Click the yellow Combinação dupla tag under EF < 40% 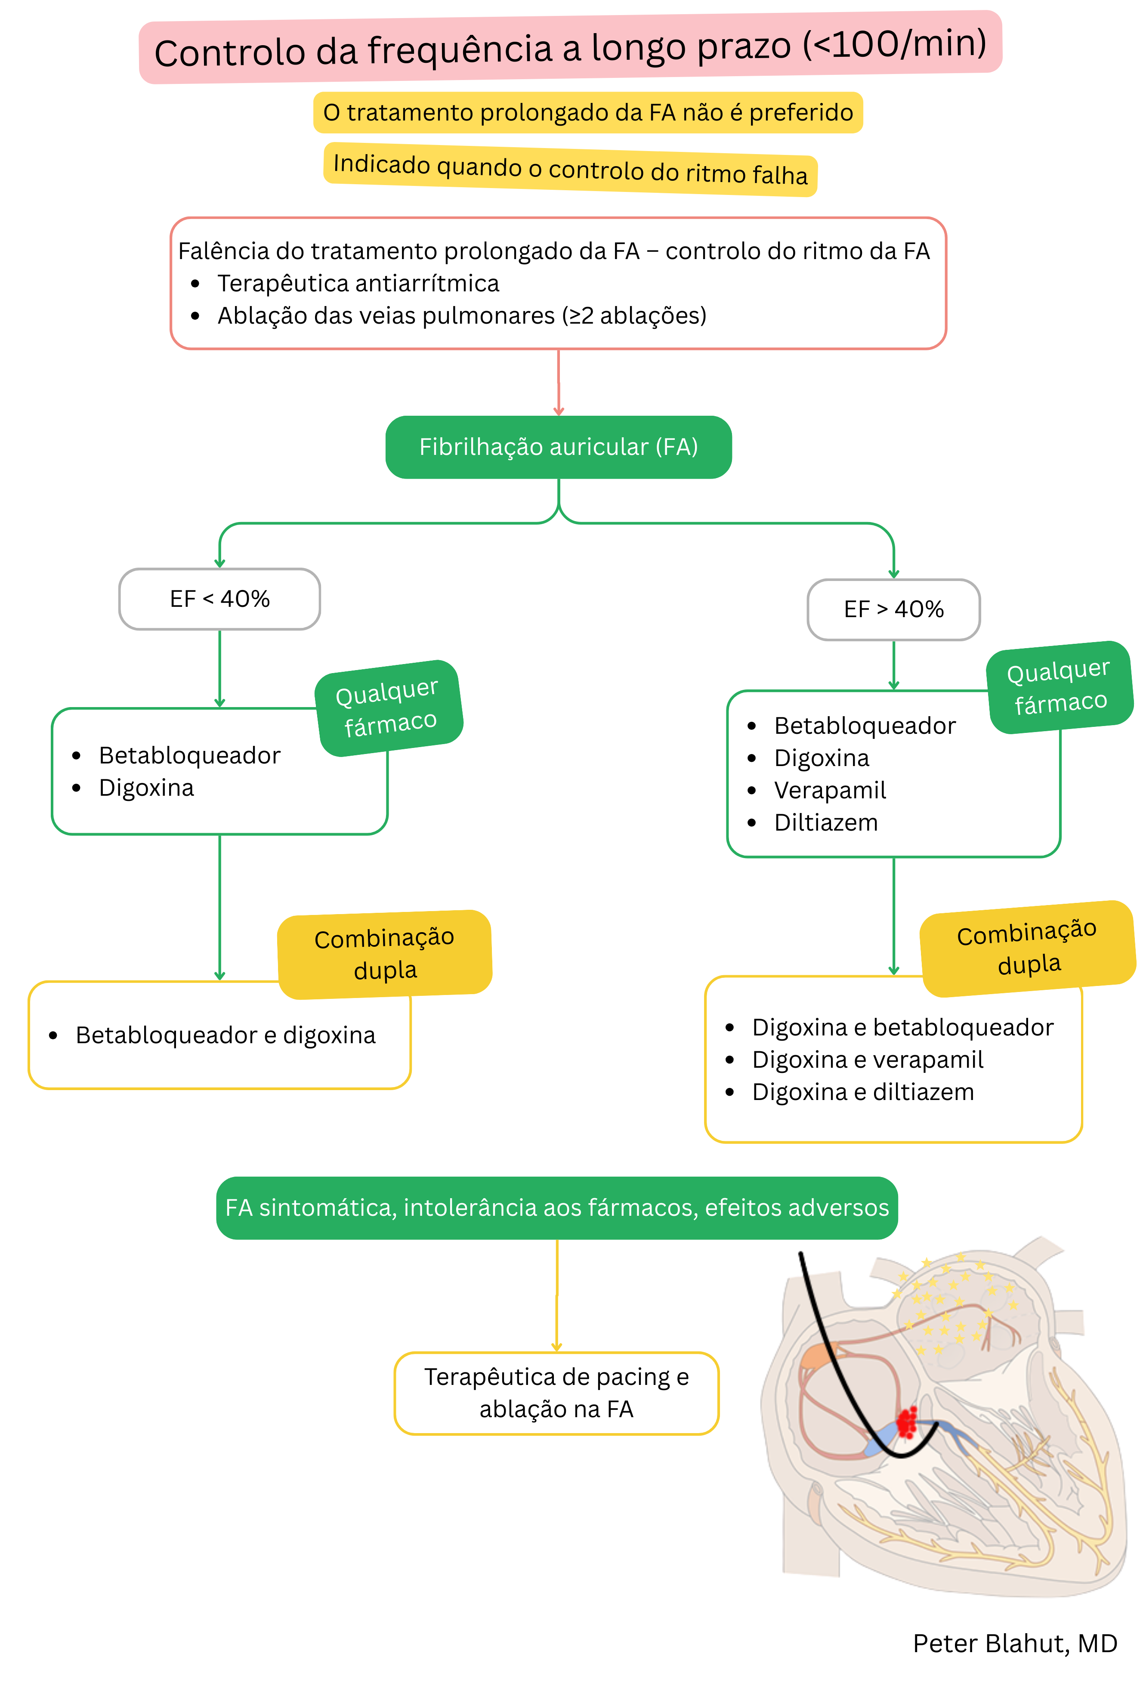[384, 954]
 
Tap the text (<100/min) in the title [894, 45]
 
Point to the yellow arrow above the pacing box [556, 1295]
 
